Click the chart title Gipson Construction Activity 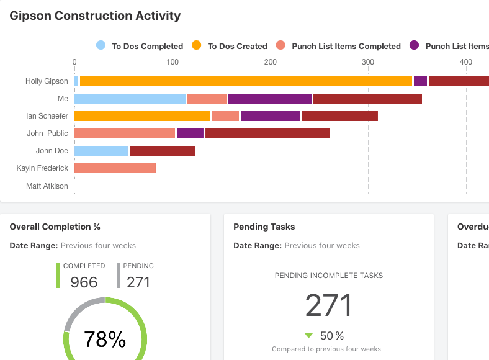[x=95, y=16]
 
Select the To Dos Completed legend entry [x=140, y=46]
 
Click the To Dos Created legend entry [x=230, y=46]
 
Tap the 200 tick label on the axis [x=270, y=61]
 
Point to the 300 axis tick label [x=368, y=61]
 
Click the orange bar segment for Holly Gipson [x=246, y=81]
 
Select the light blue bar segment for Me [x=130, y=99]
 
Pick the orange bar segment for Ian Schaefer [x=142, y=116]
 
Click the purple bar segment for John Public [x=190, y=133]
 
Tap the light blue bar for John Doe [x=101, y=151]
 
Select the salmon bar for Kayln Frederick [x=115, y=168]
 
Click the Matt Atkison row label [x=47, y=186]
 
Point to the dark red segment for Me [x=367, y=99]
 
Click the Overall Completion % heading [x=55, y=227]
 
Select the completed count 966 [x=84, y=282]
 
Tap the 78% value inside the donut [x=105, y=340]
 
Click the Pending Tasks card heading [x=264, y=227]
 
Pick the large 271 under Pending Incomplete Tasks [x=329, y=305]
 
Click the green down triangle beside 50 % [x=308, y=336]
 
